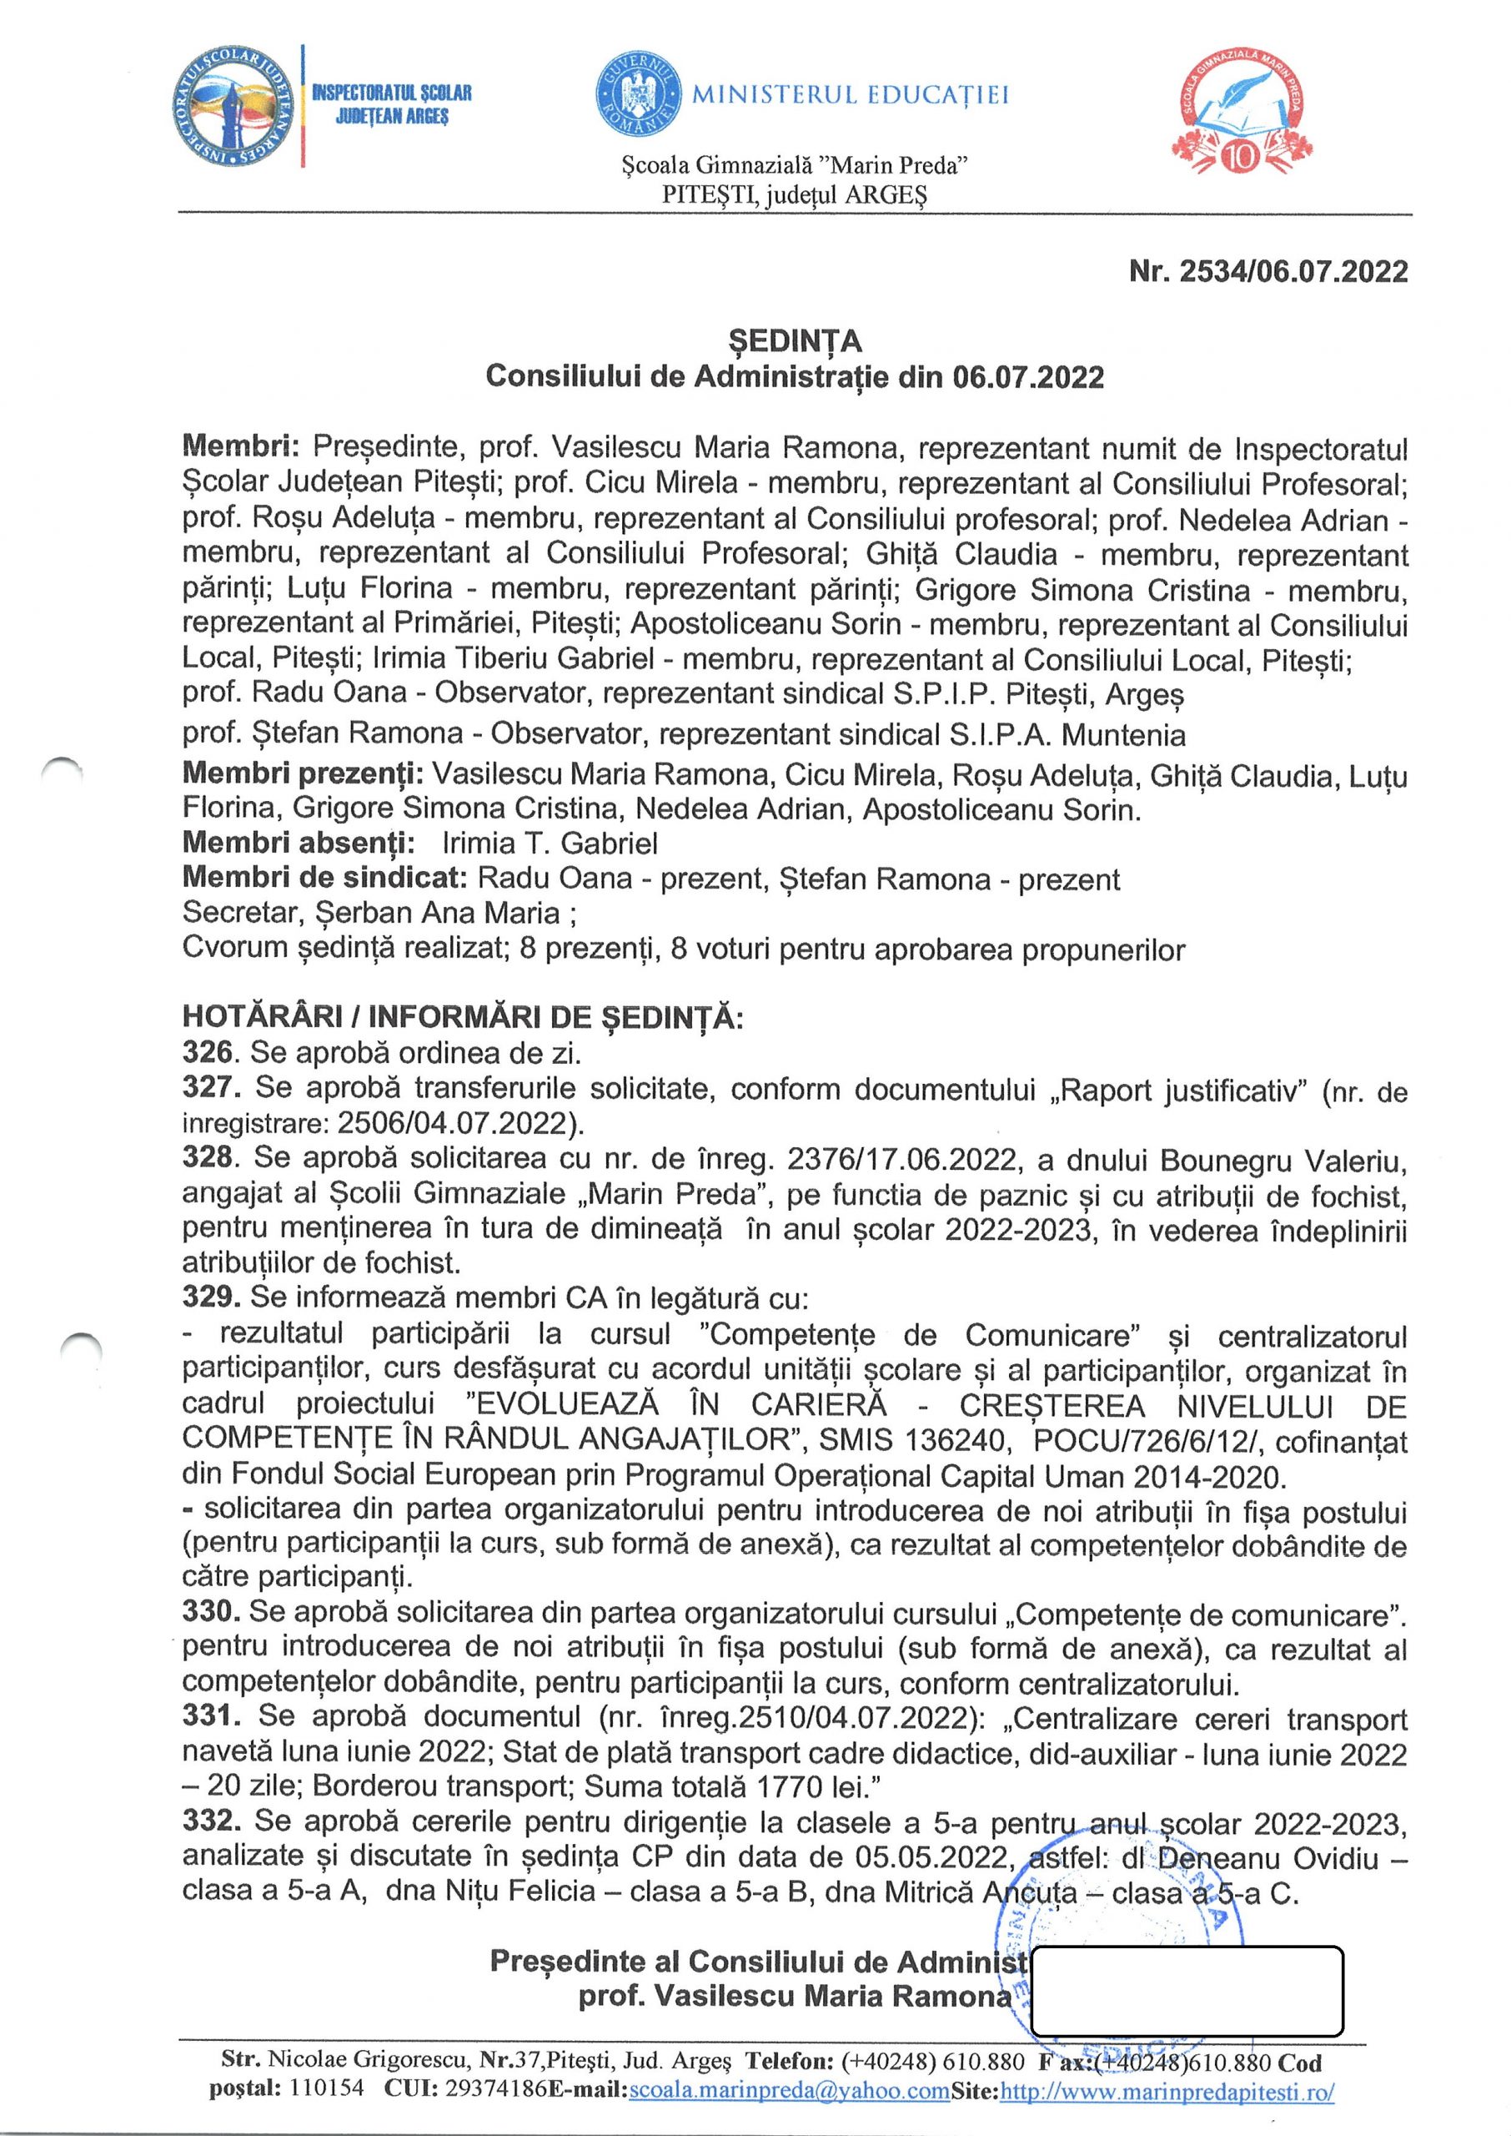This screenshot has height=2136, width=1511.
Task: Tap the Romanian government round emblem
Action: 637,94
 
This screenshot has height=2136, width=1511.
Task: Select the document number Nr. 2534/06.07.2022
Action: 1268,271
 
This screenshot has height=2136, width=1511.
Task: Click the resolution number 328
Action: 207,1158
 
